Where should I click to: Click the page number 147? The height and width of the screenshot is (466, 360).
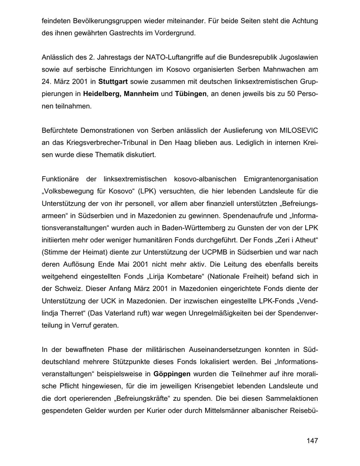tap(312, 441)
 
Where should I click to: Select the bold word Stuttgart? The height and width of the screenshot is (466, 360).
tap(113, 82)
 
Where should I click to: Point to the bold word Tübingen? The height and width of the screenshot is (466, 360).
tap(191, 94)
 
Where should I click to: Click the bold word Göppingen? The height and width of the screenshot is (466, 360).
tap(172, 374)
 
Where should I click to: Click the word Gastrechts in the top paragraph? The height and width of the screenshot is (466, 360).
tap(124, 33)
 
